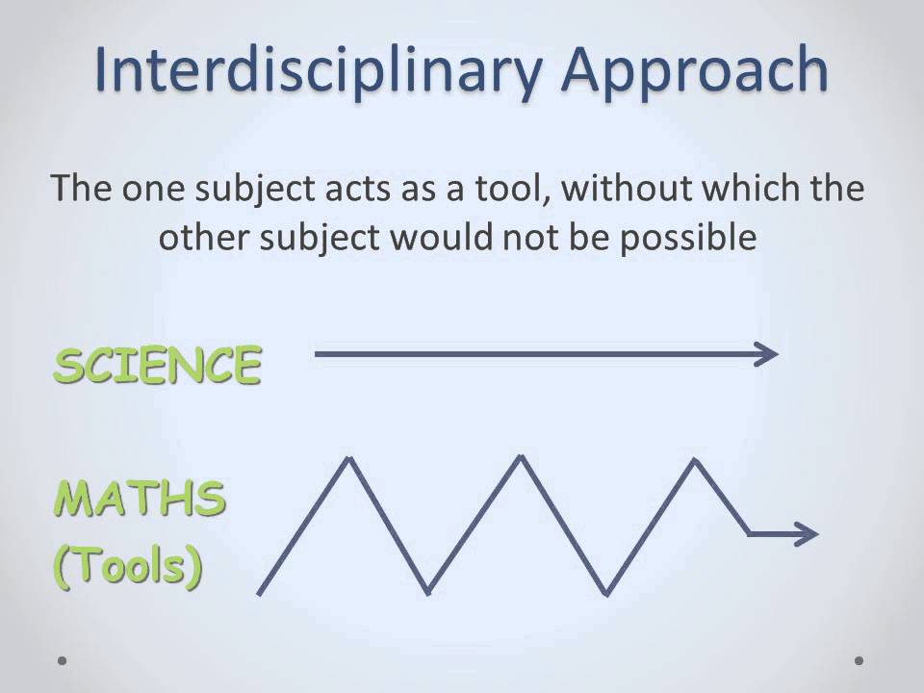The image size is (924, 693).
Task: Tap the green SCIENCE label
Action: (157, 366)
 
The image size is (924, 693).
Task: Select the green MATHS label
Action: (141, 499)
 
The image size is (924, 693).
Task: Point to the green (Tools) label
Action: (127, 568)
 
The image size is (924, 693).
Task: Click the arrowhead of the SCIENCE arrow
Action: (769, 354)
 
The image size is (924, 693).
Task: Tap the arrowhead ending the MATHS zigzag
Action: (810, 533)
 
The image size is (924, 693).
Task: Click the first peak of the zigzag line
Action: (348, 459)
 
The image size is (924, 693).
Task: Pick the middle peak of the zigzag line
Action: (521, 457)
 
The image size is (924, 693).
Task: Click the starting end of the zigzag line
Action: (260, 592)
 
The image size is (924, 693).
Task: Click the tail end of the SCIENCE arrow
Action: (318, 354)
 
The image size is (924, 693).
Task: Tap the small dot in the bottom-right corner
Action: (860, 661)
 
